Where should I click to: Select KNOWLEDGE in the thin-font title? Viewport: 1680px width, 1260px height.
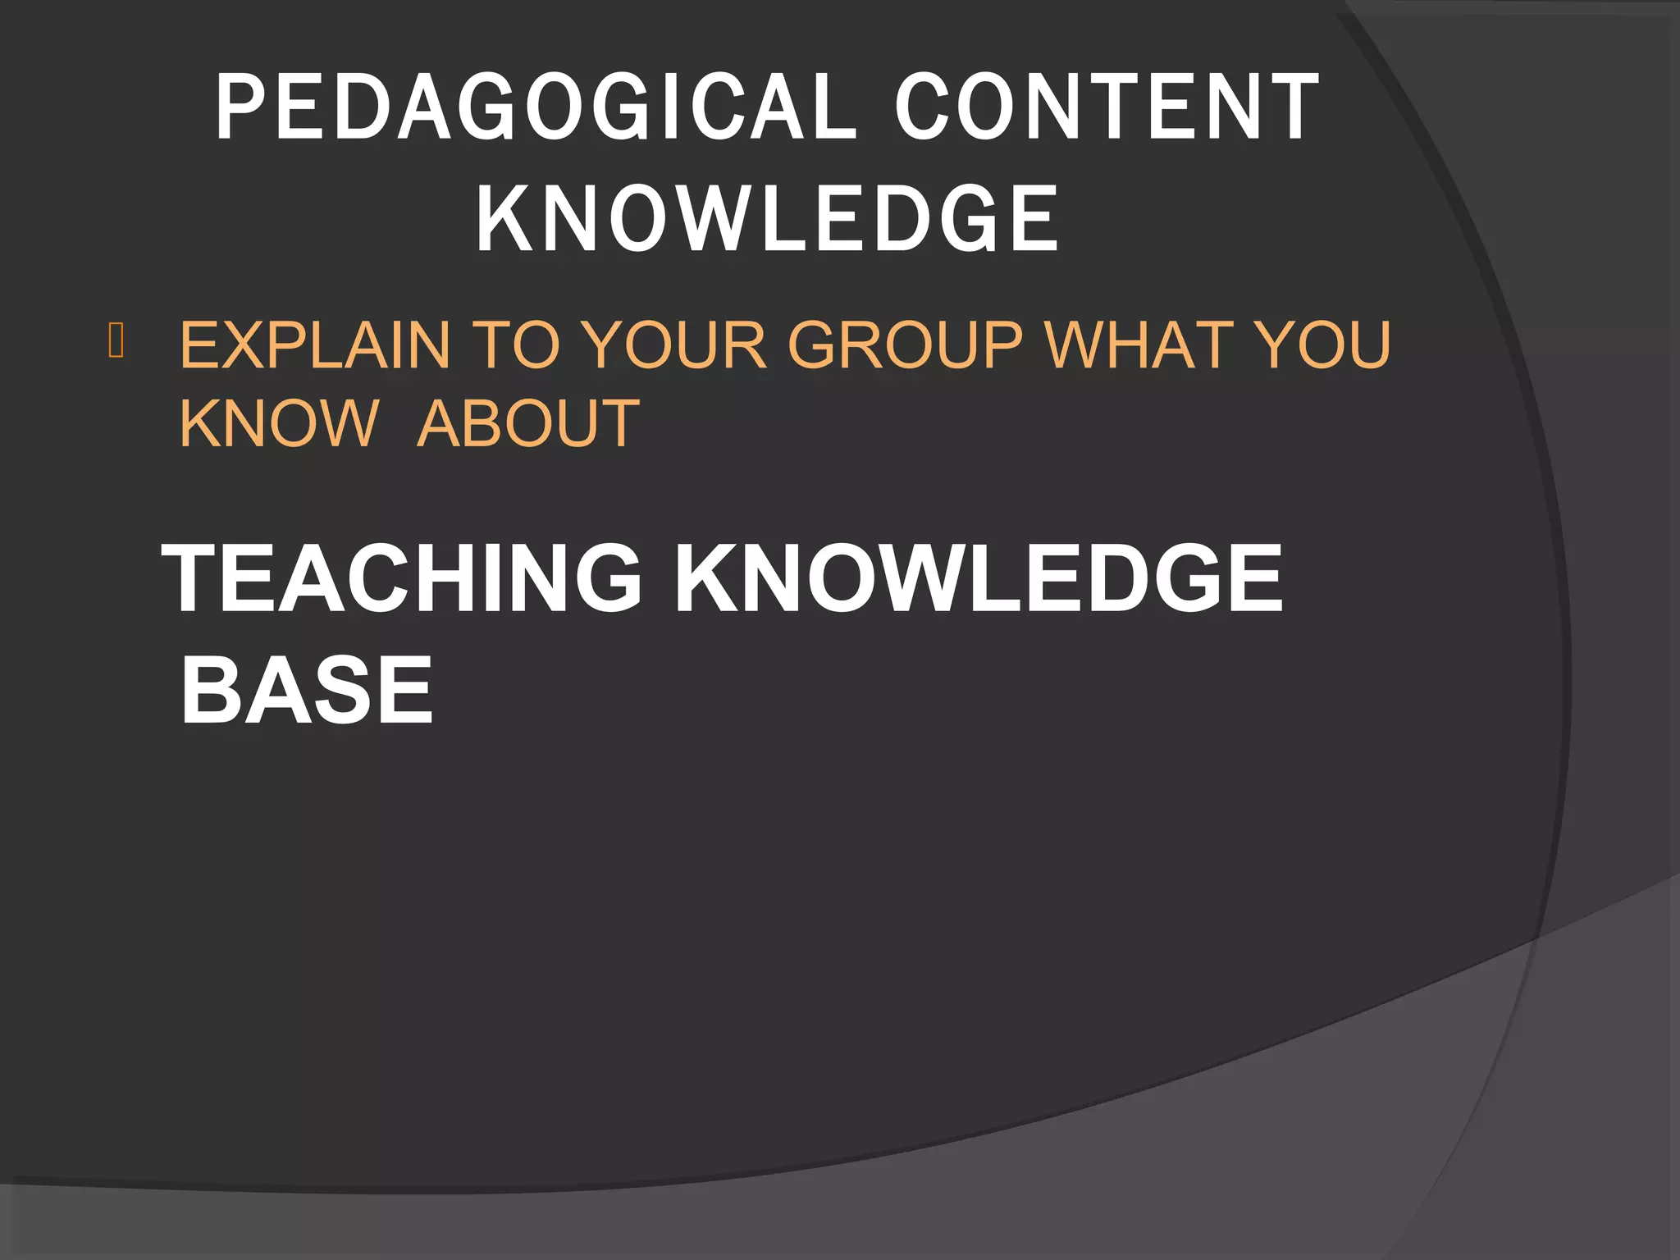767,218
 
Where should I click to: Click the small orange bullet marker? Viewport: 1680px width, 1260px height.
116,341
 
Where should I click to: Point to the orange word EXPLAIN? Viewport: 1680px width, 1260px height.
315,345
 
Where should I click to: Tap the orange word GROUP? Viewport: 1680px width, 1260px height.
906,345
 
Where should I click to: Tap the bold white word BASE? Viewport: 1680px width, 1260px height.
306,691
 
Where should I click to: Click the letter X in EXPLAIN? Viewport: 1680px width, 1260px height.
244,345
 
